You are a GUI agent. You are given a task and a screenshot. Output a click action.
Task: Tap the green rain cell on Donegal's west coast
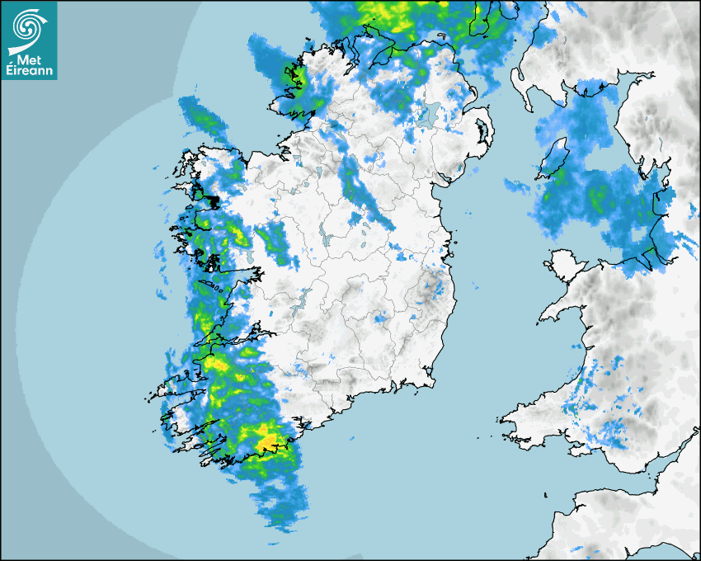pyautogui.click(x=299, y=78)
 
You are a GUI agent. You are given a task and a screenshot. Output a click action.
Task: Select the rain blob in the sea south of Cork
pyautogui.click(x=280, y=503)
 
